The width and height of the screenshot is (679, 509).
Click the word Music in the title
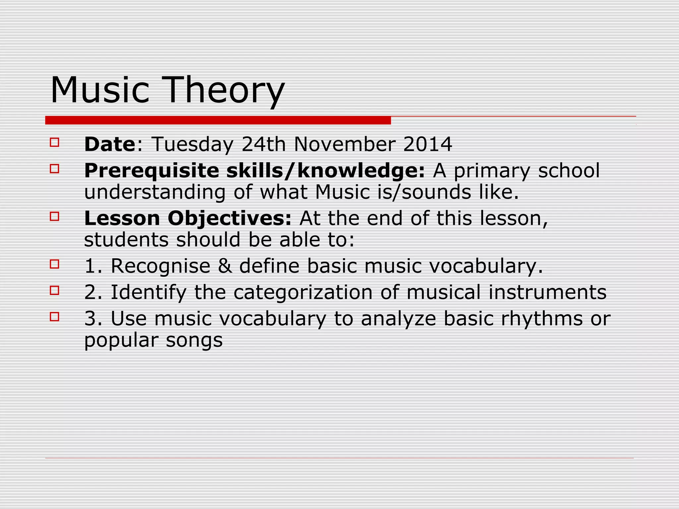click(100, 90)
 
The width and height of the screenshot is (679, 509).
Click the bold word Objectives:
click(229, 219)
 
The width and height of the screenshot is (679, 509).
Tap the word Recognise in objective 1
click(160, 266)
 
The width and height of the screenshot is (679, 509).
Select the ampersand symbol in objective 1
click(225, 266)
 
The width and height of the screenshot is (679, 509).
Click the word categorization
click(303, 292)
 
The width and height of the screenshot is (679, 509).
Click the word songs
click(194, 340)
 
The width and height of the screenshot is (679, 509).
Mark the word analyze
click(398, 319)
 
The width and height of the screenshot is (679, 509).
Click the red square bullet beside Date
click(54, 142)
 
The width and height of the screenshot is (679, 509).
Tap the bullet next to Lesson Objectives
click(54, 217)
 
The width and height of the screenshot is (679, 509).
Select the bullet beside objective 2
click(54, 291)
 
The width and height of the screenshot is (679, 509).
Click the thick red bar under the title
click(218, 120)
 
